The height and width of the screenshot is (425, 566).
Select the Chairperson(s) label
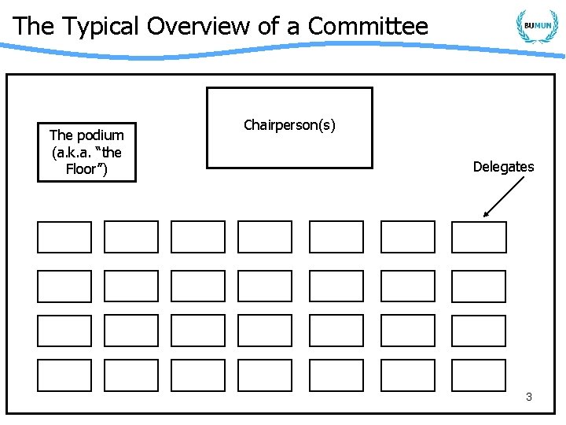tap(289, 126)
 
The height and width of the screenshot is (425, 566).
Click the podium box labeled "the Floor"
tap(86, 152)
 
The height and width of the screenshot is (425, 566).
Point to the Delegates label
tap(503, 167)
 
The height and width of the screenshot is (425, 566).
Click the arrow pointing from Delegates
tap(504, 196)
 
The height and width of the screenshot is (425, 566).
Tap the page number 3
tap(529, 397)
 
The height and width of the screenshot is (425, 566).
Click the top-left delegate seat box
tap(64, 237)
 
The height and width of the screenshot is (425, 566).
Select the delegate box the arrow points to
tap(479, 237)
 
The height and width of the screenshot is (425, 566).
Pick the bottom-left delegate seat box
tap(64, 375)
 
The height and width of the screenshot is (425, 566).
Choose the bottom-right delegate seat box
tap(479, 375)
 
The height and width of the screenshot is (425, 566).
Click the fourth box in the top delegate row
tap(265, 237)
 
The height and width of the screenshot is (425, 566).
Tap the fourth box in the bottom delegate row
tap(265, 375)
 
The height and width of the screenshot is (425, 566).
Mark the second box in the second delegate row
tap(131, 286)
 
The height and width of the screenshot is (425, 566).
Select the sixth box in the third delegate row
tap(407, 331)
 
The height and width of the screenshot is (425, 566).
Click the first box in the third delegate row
tap(64, 331)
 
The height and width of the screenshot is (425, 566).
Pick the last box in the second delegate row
tap(479, 286)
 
